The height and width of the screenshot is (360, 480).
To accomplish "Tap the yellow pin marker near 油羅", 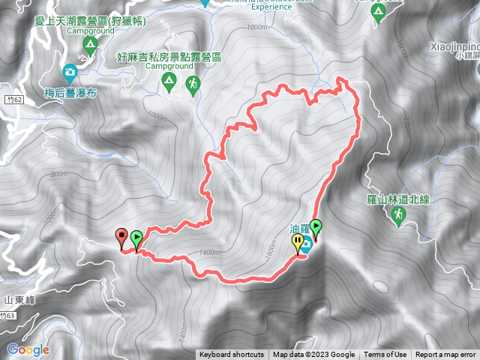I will (298, 243).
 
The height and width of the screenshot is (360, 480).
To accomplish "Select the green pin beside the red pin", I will (136, 239).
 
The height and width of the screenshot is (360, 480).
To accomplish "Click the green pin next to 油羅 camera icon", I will (316, 226).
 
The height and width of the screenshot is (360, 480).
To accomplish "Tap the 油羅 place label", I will (300, 229).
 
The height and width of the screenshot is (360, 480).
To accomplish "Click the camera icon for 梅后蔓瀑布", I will (70, 73).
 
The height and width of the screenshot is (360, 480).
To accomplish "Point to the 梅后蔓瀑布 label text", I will (72, 92).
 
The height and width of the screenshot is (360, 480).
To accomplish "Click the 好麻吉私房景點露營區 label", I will (169, 55).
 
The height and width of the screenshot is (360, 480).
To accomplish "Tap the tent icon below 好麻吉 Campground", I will (170, 80).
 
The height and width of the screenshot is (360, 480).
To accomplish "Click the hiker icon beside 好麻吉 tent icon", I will (193, 84).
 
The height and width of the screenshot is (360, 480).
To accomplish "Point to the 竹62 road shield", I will (10, 98).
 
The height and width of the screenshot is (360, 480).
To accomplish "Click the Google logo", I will (28, 349).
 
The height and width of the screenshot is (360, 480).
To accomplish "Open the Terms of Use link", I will (385, 355).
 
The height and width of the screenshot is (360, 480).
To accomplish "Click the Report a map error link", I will (446, 355).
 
